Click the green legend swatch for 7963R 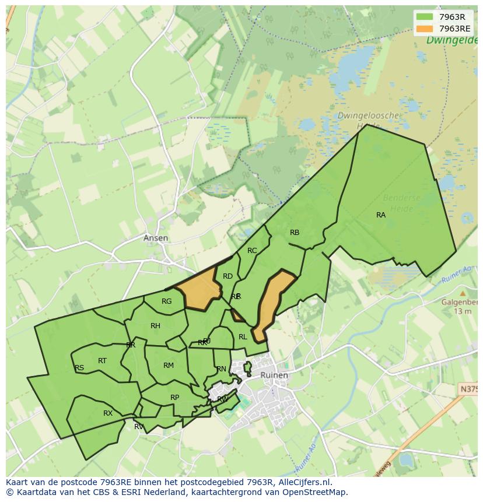click(425, 17)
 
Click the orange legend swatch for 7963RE click(425, 29)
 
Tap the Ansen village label click(156, 238)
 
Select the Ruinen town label click(274, 375)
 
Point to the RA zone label click(381, 215)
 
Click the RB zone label click(295, 233)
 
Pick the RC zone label click(252, 251)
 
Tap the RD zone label click(228, 276)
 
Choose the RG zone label click(167, 301)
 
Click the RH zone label click(155, 326)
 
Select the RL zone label click(243, 337)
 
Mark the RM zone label click(169, 366)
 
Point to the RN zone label click(221, 369)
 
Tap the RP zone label click(174, 398)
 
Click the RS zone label click(79, 368)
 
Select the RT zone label click(102, 361)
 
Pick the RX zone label click(108, 413)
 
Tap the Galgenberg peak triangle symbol click(463, 293)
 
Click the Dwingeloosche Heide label click(368, 120)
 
